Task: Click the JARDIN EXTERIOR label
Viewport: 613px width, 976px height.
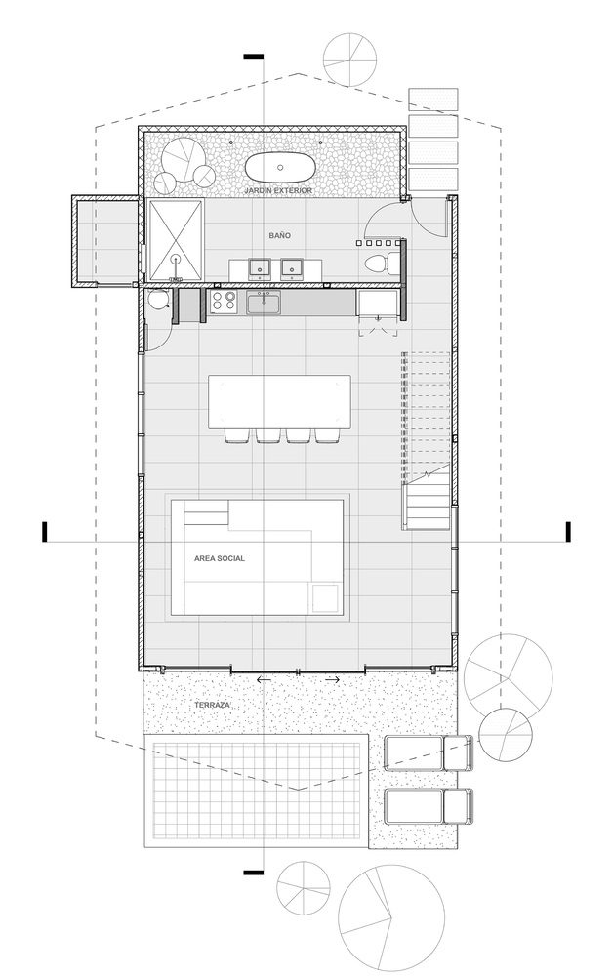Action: pyautogui.click(x=280, y=191)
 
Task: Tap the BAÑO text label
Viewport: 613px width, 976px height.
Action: pyautogui.click(x=281, y=236)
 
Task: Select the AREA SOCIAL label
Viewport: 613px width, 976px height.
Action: pyautogui.click(x=220, y=557)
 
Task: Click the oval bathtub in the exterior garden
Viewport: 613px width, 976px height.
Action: pyautogui.click(x=280, y=165)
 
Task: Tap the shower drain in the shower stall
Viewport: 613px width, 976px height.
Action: pyautogui.click(x=176, y=260)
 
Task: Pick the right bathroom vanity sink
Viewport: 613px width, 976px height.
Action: pyautogui.click(x=291, y=266)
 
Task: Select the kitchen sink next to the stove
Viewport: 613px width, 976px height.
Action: pyautogui.click(x=264, y=305)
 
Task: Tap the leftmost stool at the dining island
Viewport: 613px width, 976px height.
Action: pyautogui.click(x=237, y=436)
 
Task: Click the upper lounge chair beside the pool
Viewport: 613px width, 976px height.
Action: pyautogui.click(x=428, y=753)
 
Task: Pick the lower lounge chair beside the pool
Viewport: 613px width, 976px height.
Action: pyautogui.click(x=428, y=807)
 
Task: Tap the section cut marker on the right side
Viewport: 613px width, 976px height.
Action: pyautogui.click(x=566, y=531)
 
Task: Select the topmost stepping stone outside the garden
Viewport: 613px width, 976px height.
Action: pyautogui.click(x=433, y=100)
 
